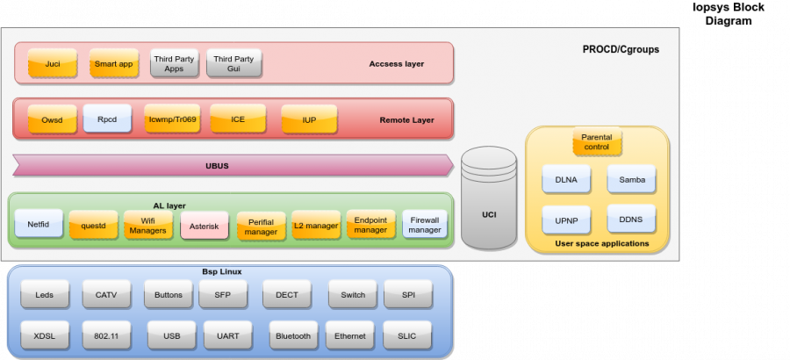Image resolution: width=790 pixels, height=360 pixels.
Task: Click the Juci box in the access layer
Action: coord(53,63)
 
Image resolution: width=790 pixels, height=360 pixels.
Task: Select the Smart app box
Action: coord(113,63)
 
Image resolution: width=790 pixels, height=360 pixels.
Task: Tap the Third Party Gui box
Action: coord(233,63)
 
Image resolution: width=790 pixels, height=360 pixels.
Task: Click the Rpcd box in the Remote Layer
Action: coord(107,119)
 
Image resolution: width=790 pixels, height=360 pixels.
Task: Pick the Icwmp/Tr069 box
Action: coord(172,119)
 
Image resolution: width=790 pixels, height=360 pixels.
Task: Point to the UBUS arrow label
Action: coord(216,165)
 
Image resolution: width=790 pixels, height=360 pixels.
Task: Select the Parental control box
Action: coord(597,141)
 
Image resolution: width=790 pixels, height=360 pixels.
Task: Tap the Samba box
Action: coord(631,179)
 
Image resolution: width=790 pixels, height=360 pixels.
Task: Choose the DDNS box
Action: coord(631,219)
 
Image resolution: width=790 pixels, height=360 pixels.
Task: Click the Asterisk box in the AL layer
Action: coord(205,226)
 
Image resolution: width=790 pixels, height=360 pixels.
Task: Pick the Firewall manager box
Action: coord(425,224)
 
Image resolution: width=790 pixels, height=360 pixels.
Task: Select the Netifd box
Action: coord(39,224)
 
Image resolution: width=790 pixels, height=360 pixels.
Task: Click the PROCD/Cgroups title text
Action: coord(621,49)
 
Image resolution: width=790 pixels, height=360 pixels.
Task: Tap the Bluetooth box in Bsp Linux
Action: coord(293,335)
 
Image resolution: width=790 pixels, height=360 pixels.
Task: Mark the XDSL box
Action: coord(45,335)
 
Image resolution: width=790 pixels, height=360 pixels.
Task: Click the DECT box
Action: coord(287,295)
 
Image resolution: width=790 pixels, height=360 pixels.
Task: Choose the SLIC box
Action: coord(407,335)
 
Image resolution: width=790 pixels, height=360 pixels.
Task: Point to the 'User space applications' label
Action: coord(601,243)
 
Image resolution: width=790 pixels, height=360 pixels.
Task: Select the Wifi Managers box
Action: coord(147,225)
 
